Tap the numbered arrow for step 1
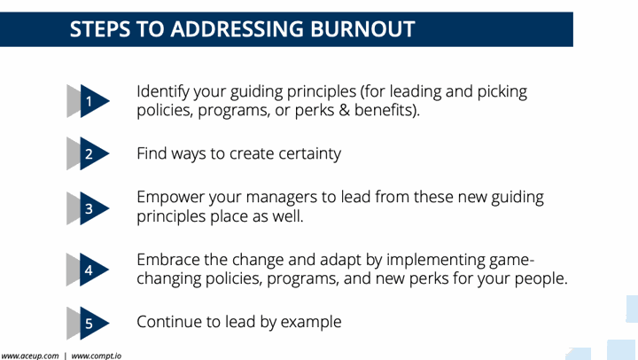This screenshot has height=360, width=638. pyautogui.click(x=89, y=101)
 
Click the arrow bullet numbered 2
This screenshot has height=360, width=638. pyautogui.click(x=89, y=153)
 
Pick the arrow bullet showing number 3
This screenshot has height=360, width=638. pyautogui.click(x=89, y=208)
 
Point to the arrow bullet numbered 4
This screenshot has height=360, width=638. pyautogui.click(x=89, y=270)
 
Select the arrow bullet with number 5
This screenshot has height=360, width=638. pyautogui.click(x=89, y=324)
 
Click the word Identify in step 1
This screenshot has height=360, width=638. pyautogui.click(x=163, y=92)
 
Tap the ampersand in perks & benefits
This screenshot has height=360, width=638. pyautogui.click(x=344, y=110)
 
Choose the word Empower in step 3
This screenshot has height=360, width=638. pyautogui.click(x=170, y=198)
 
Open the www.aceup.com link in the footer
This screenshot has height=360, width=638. pyautogui.click(x=30, y=356)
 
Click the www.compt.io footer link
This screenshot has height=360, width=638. pyautogui.click(x=97, y=356)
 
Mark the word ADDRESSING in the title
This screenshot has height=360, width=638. pyautogui.click(x=237, y=29)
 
